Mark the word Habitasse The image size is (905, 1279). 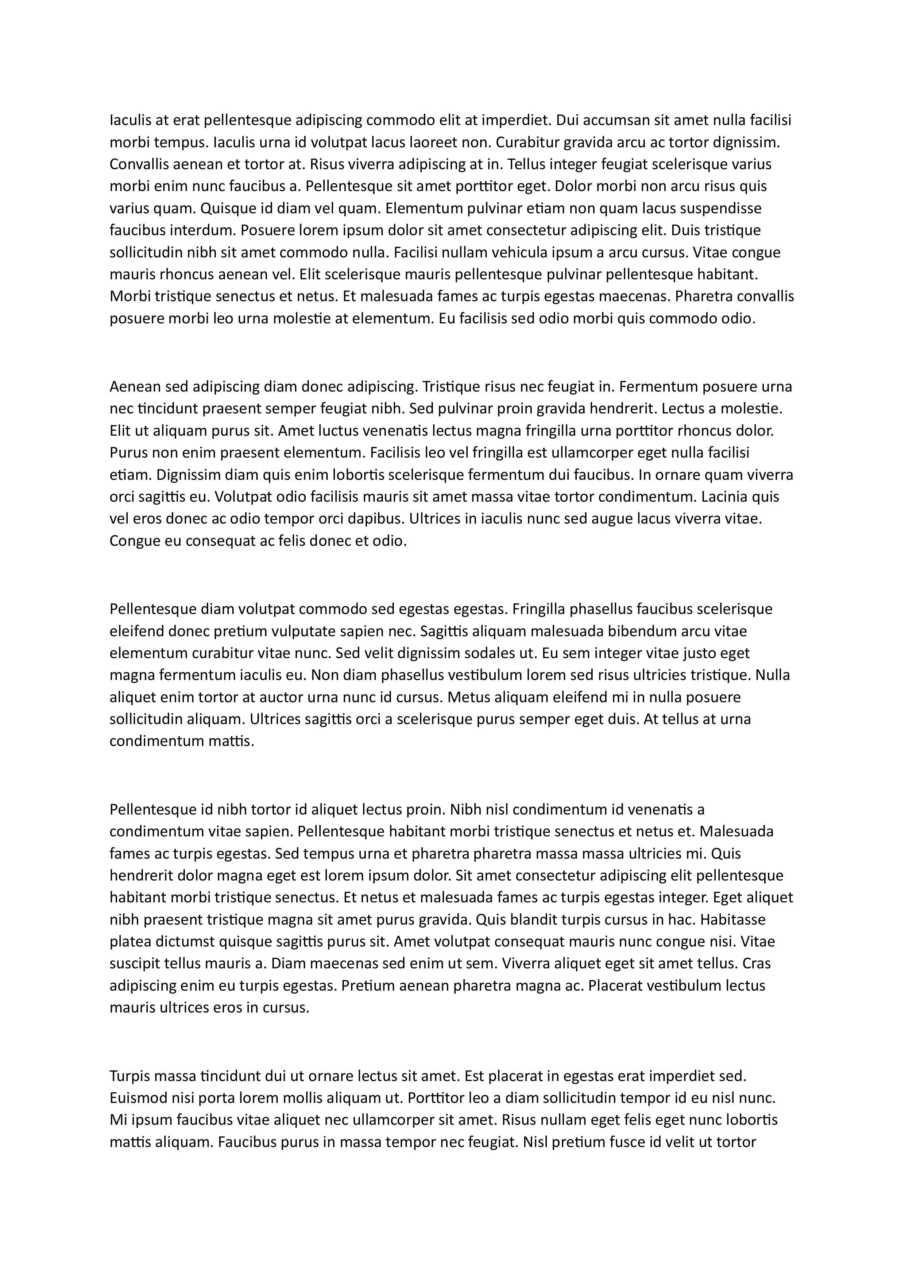pos(733,919)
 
